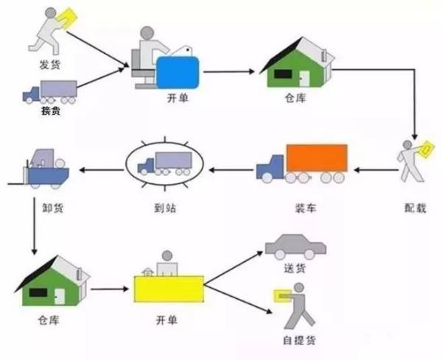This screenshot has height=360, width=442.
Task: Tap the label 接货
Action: click(50, 112)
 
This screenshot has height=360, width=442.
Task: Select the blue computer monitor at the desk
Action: click(179, 73)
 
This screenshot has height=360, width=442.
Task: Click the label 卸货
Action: click(54, 208)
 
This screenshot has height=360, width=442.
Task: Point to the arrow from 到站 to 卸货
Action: click(102, 170)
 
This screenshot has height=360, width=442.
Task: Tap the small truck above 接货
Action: click(50, 91)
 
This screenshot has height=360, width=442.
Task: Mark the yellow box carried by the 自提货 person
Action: click(281, 296)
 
